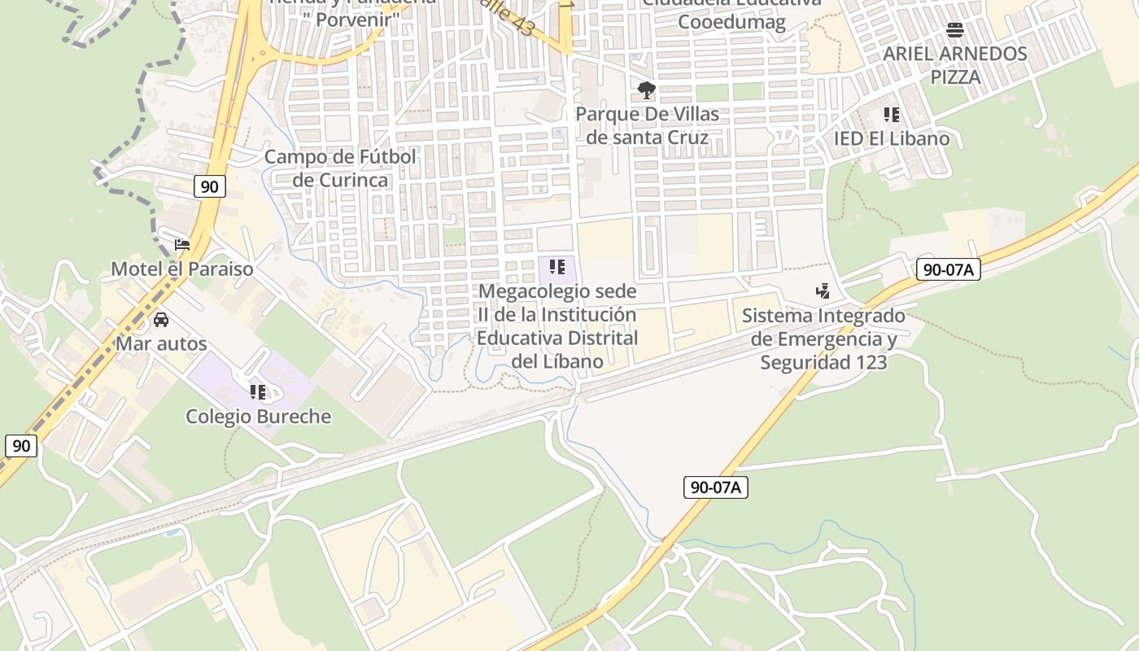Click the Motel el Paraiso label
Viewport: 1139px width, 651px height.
point(182,269)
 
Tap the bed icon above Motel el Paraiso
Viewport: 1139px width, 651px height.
point(182,244)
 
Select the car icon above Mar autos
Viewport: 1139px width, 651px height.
point(161,320)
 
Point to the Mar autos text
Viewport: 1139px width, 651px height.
point(161,343)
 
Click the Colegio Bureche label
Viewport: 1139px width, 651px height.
point(259,417)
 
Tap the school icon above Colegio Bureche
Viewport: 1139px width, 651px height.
point(258,392)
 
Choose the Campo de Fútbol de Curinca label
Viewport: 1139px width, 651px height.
point(340,168)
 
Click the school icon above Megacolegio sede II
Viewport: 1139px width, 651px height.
point(557,266)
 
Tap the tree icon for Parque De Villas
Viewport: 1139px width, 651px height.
point(647,90)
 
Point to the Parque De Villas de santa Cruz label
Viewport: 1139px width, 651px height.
point(648,125)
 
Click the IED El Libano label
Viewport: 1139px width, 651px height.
point(892,138)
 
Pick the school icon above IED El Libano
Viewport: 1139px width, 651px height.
point(892,115)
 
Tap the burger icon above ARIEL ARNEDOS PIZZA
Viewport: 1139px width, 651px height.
point(955,31)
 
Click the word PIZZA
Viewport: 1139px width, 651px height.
point(956,77)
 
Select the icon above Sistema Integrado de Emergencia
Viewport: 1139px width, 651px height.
point(823,291)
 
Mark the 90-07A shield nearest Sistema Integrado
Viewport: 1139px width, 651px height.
point(948,269)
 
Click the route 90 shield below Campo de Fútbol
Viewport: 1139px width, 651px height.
point(209,186)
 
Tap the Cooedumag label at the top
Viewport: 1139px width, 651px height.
point(732,22)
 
